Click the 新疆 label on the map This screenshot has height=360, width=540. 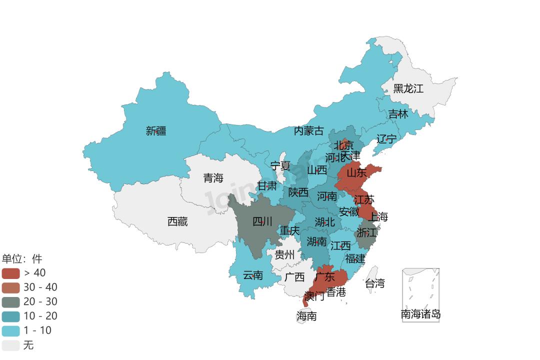pos(156,131)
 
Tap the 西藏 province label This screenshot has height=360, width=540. pos(177,221)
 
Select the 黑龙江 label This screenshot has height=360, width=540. pos(408,89)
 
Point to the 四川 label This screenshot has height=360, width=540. pos(262,221)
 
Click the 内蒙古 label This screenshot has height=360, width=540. pos(308,131)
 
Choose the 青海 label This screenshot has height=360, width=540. pos(213,178)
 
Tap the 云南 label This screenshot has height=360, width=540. pos(253,275)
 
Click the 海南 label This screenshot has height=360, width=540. pos(306,316)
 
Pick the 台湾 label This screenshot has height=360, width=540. pos(375,283)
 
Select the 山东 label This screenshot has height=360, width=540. pos(356,173)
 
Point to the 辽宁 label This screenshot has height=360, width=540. pos(386,139)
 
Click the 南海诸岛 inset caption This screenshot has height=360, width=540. pos(421,314)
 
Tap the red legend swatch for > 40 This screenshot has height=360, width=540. pos(10,273)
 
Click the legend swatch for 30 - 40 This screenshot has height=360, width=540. pos(10,287)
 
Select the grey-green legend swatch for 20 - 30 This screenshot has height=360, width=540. pos(10,302)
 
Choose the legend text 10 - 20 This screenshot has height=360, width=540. pos(40,316)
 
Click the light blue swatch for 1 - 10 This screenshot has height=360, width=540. pos(10,330)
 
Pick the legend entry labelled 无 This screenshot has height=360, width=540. pos(28,345)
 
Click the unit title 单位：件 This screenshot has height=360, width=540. pos(22,258)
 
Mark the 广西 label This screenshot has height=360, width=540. pos(294,277)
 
